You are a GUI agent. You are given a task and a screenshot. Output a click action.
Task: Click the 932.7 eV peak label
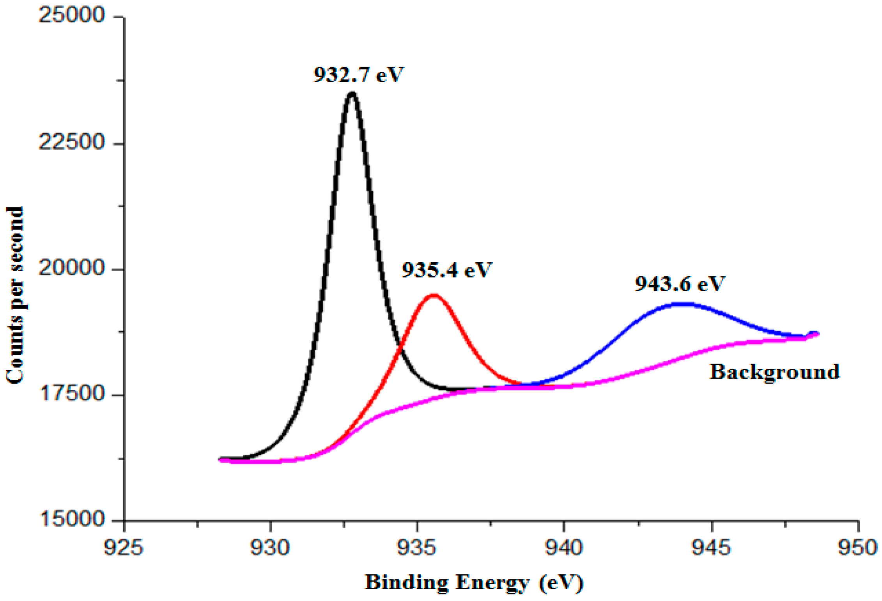(x=358, y=74)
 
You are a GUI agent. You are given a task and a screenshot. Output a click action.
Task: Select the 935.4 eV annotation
(x=447, y=269)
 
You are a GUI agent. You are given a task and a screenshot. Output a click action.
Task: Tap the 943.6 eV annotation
(x=680, y=283)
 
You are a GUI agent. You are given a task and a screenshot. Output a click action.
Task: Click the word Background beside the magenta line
(x=774, y=371)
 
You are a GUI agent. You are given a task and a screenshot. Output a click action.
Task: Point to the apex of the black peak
(x=352, y=93)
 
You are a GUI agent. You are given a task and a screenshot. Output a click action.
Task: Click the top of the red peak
(x=433, y=295)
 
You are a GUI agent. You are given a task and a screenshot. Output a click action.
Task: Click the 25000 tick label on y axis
(x=72, y=16)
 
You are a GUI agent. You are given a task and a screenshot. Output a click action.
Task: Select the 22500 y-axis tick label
(x=72, y=142)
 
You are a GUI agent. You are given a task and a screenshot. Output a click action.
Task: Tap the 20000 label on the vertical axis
(x=72, y=268)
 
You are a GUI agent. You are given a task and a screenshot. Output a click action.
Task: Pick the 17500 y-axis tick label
(x=72, y=394)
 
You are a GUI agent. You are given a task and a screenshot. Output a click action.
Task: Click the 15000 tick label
(x=72, y=520)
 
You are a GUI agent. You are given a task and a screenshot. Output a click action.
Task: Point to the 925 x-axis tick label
(x=124, y=548)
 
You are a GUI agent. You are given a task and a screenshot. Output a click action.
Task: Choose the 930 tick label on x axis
(x=270, y=548)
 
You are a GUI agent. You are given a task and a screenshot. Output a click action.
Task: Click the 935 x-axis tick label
(x=417, y=548)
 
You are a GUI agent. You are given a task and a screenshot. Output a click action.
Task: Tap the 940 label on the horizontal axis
(x=564, y=548)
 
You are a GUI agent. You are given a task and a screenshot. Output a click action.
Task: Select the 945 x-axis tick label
(x=711, y=548)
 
